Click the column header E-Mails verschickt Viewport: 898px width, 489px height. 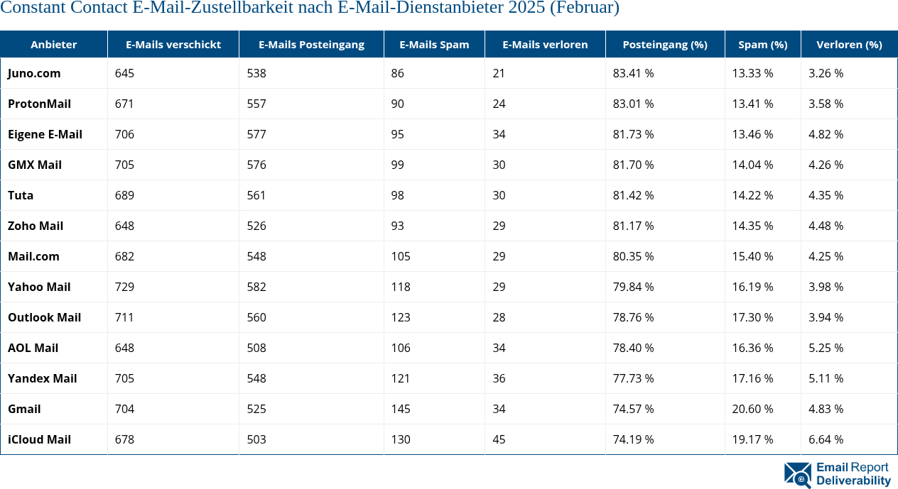173,44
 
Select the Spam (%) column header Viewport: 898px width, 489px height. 762,44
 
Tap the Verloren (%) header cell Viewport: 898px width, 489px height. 849,44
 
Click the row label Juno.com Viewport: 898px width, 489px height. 34,73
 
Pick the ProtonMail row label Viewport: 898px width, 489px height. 39,104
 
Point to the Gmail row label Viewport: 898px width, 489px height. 24,409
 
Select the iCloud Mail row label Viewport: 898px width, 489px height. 39,439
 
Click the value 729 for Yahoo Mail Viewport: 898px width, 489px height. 124,287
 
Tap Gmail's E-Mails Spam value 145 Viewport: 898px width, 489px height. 401,409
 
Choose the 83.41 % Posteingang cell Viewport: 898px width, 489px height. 633,73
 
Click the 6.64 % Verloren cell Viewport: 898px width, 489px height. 826,439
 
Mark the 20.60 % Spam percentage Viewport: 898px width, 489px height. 752,409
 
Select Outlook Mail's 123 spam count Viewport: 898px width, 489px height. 401,317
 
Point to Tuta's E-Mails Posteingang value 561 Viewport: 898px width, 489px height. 256,195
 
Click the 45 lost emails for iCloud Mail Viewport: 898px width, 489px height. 499,439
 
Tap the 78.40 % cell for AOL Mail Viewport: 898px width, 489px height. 633,348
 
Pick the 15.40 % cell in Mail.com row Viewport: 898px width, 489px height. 752,256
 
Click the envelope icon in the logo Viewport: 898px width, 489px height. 797,474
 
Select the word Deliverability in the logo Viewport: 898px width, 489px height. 853,480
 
